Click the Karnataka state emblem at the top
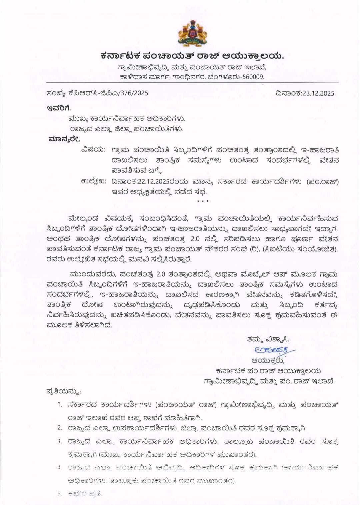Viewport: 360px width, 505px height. pyautogui.click(x=193, y=33)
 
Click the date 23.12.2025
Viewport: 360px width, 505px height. pyautogui.click(x=318, y=93)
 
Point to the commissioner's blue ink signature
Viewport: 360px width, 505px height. pyautogui.click(x=270, y=350)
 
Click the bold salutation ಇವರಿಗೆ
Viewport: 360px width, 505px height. pyautogui.click(x=58, y=108)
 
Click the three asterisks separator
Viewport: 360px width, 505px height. pyautogui.click(x=203, y=202)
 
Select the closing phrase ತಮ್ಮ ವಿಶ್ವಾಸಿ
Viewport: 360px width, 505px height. pyautogui.click(x=268, y=339)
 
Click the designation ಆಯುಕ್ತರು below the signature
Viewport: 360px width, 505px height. pyautogui.click(x=268, y=360)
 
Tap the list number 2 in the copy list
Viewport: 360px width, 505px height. pyautogui.click(x=60, y=428)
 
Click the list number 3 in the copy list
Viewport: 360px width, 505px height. pyautogui.click(x=60, y=441)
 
